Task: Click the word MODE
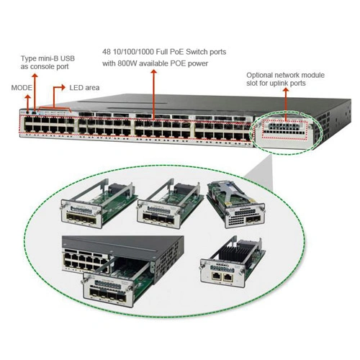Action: tap(22, 88)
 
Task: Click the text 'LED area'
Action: tap(84, 88)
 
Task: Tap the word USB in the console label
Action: tap(68, 58)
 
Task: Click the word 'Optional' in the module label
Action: tap(259, 75)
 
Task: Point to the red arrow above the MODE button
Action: tap(28, 103)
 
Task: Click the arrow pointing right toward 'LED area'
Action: tap(59, 95)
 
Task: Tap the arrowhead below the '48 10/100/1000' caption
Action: tap(154, 72)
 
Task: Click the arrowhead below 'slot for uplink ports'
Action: tap(286, 90)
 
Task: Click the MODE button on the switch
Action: tap(28, 112)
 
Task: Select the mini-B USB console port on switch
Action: tap(35, 112)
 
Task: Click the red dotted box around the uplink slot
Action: tap(284, 130)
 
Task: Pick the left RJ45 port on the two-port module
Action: tap(216, 276)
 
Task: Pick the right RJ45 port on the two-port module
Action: tap(228, 277)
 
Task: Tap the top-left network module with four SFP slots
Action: tap(99, 204)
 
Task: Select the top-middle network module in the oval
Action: tap(170, 204)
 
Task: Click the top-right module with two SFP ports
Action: tap(236, 204)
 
